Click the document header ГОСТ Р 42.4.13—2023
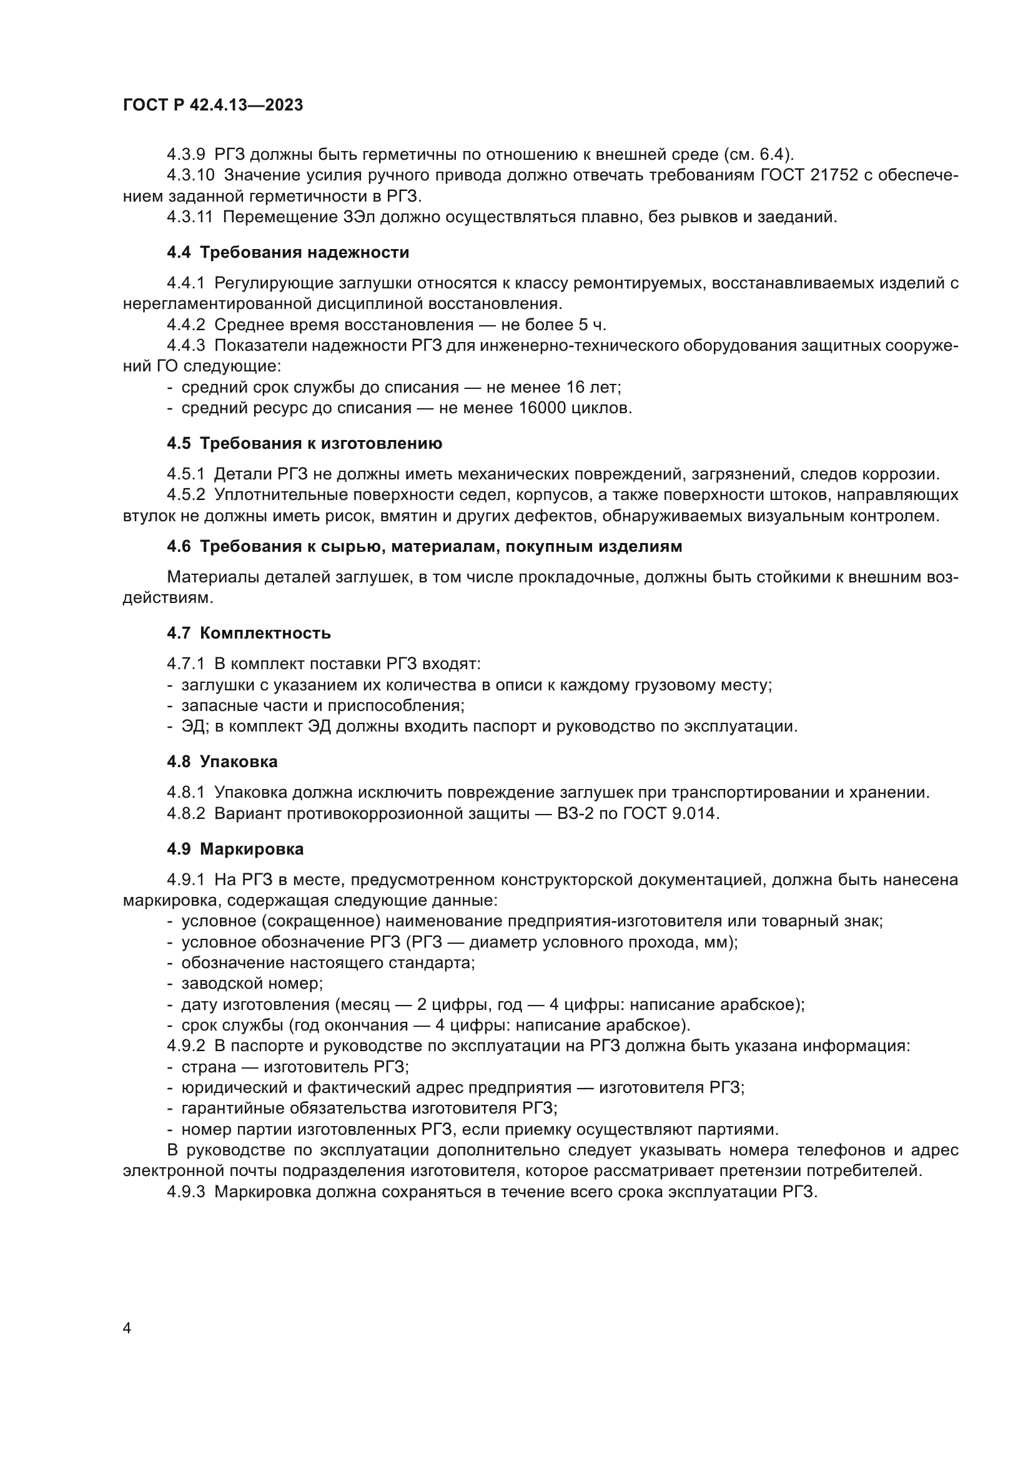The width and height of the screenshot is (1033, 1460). click(212, 105)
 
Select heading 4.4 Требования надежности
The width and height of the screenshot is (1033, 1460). click(287, 252)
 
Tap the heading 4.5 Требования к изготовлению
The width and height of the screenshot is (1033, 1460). click(304, 443)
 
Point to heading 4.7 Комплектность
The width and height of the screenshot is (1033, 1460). click(249, 633)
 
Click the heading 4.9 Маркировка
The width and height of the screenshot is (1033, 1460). click(235, 849)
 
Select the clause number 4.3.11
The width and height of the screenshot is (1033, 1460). click(190, 217)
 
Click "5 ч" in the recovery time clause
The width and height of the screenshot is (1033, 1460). click(591, 325)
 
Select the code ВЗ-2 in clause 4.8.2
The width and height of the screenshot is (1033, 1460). click(576, 813)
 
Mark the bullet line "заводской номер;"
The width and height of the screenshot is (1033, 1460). click(252, 984)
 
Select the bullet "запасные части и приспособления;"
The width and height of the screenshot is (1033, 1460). click(322, 705)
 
